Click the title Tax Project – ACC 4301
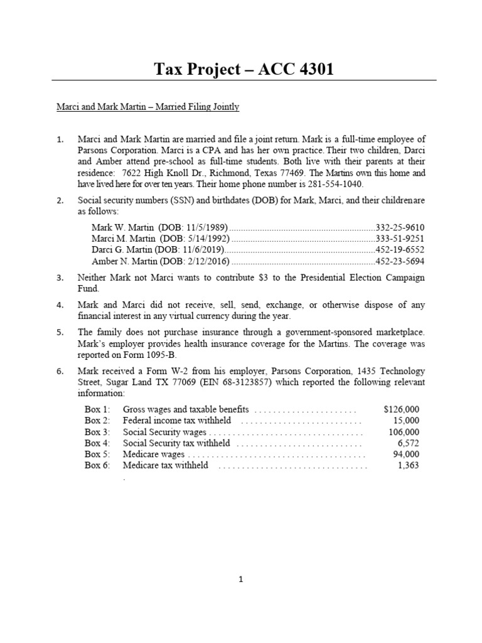coord(244,68)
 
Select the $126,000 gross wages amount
coord(401,409)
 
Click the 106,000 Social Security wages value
coord(404,432)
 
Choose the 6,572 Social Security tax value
coord(408,443)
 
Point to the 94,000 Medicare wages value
coord(406,454)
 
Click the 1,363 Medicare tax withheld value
coord(409,465)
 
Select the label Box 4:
coord(97,443)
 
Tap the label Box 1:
coord(97,409)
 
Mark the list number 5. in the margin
coord(60,332)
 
